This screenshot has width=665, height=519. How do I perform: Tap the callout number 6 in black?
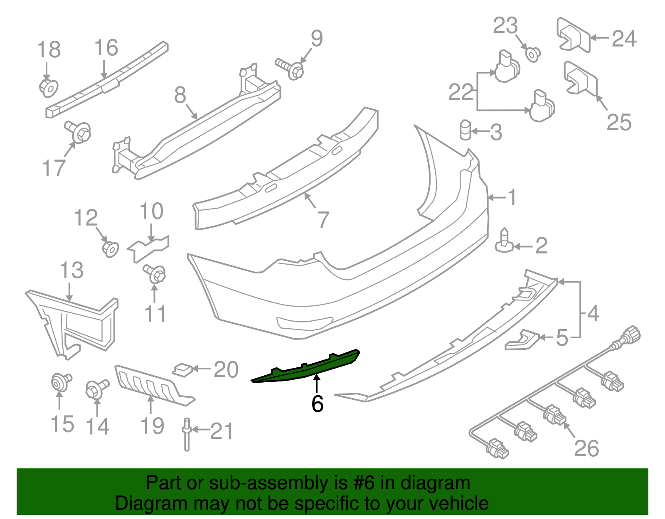pos(318,403)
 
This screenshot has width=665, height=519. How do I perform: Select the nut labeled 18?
pos(49,87)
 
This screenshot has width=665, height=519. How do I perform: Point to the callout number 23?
pos(505,26)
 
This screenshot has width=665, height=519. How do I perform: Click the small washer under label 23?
pos(533,54)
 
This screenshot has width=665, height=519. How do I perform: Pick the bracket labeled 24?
pos(573,36)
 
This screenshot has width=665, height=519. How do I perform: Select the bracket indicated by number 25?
pos(580,79)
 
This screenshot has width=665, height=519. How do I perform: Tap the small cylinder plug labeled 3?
pos(465,130)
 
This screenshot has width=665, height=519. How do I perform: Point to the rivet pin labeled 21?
pos(187,434)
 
